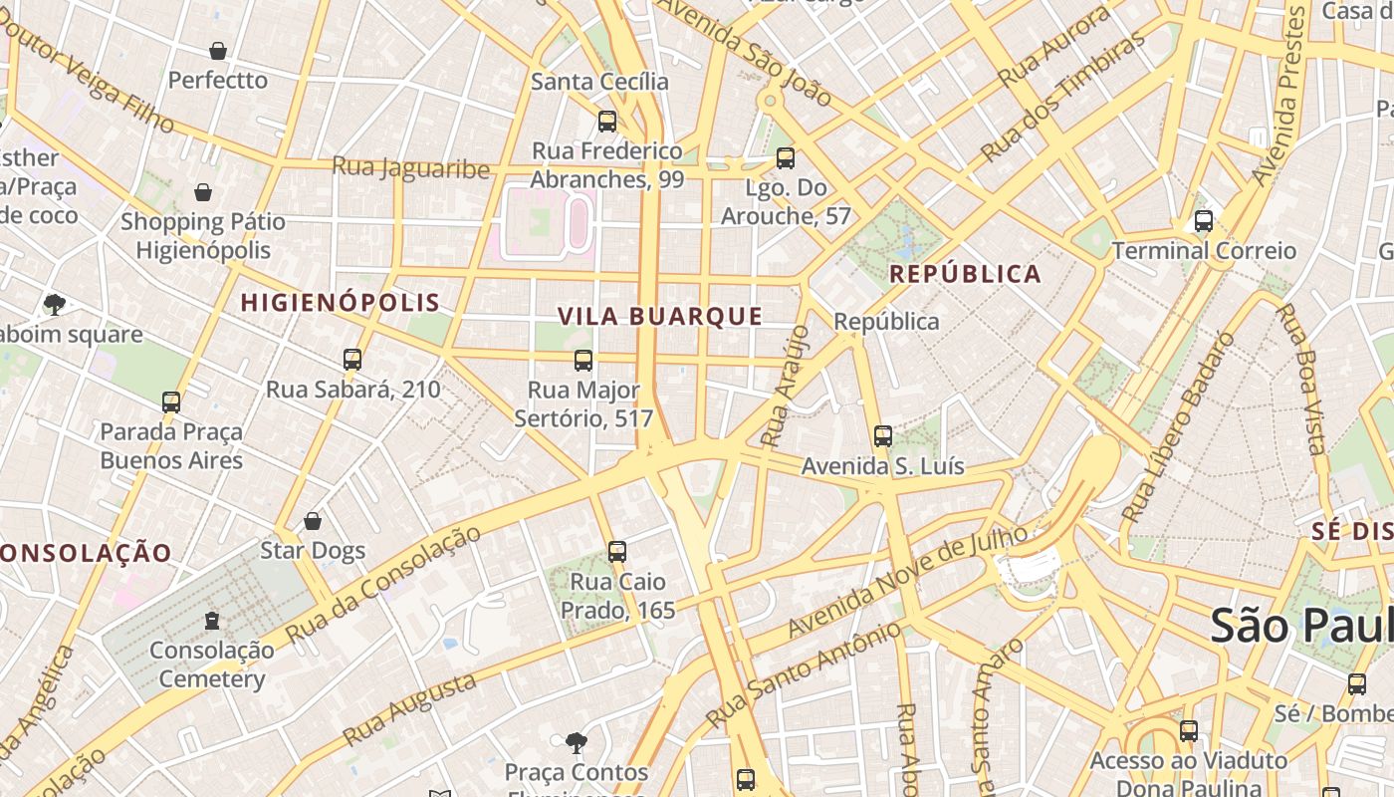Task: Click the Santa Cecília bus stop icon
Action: [x=606, y=122]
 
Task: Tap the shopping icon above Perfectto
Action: [x=218, y=51]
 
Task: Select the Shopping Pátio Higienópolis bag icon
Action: [x=203, y=192]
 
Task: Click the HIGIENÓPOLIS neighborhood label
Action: [x=340, y=303]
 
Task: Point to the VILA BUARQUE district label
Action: [x=660, y=317]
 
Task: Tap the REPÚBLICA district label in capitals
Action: [x=965, y=274]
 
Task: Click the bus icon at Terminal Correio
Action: [x=1204, y=221]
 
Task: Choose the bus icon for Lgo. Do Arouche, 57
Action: [x=786, y=158]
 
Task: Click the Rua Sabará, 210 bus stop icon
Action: [x=352, y=360]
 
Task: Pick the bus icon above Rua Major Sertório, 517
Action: [x=583, y=361]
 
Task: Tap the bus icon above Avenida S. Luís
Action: [x=883, y=436]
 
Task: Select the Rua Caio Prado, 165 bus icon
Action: [x=617, y=551]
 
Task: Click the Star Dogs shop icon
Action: [x=313, y=521]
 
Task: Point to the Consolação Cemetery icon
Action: [x=211, y=621]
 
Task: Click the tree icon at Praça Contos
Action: [x=576, y=742]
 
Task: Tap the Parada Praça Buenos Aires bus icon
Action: [x=171, y=402]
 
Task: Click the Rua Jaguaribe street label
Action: [x=411, y=167]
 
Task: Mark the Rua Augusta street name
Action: [x=409, y=709]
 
